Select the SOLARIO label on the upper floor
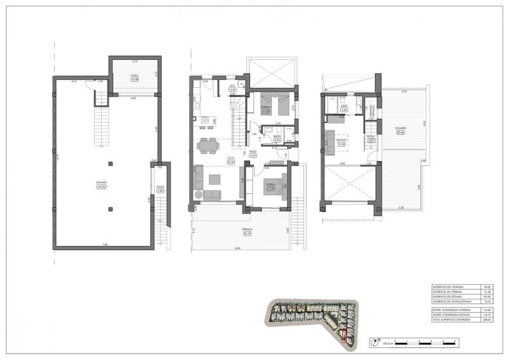pos(400,128)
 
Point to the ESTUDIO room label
pos(340,141)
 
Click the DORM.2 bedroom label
pos(266,109)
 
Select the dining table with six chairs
pos(206,146)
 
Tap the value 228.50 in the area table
pos(470,319)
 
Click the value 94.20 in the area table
pos(470,288)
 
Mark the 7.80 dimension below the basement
pos(106,246)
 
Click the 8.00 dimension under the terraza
pos(238,248)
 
